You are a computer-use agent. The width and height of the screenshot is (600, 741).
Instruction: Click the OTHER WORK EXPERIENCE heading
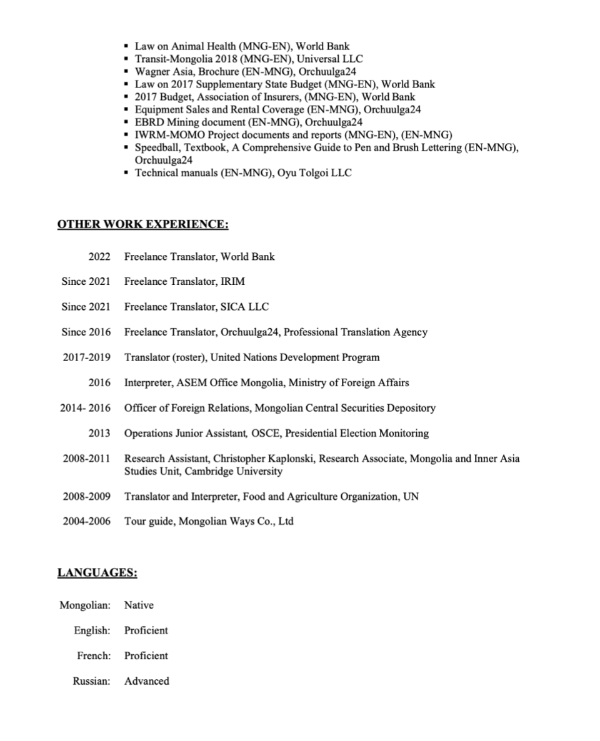tap(142, 225)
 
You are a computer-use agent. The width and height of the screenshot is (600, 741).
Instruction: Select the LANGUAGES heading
tap(97, 573)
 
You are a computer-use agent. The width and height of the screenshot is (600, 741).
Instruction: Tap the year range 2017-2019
tap(86, 357)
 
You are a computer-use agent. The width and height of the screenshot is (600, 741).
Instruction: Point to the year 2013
tap(99, 433)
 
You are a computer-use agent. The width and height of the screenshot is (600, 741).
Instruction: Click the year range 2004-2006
tap(86, 521)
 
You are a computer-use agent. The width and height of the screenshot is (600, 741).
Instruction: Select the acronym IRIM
tap(232, 282)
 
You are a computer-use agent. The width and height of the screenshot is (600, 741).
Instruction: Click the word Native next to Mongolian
tap(139, 605)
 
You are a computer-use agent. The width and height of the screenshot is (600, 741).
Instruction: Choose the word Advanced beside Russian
tap(146, 681)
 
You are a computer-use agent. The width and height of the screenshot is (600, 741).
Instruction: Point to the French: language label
tap(93, 656)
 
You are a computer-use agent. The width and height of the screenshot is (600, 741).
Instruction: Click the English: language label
tap(92, 630)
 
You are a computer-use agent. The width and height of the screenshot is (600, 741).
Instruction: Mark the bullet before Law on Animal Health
tap(127, 46)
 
